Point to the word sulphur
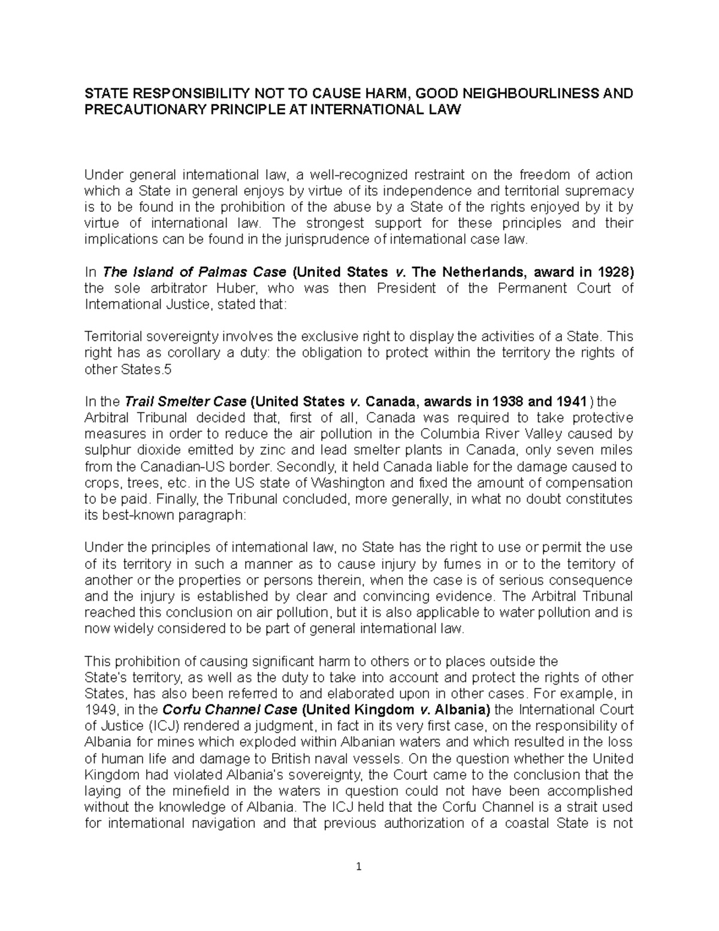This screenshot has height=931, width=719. point(105,450)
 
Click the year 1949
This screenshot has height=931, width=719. point(99,710)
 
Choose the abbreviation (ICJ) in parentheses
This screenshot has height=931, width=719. point(145,726)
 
